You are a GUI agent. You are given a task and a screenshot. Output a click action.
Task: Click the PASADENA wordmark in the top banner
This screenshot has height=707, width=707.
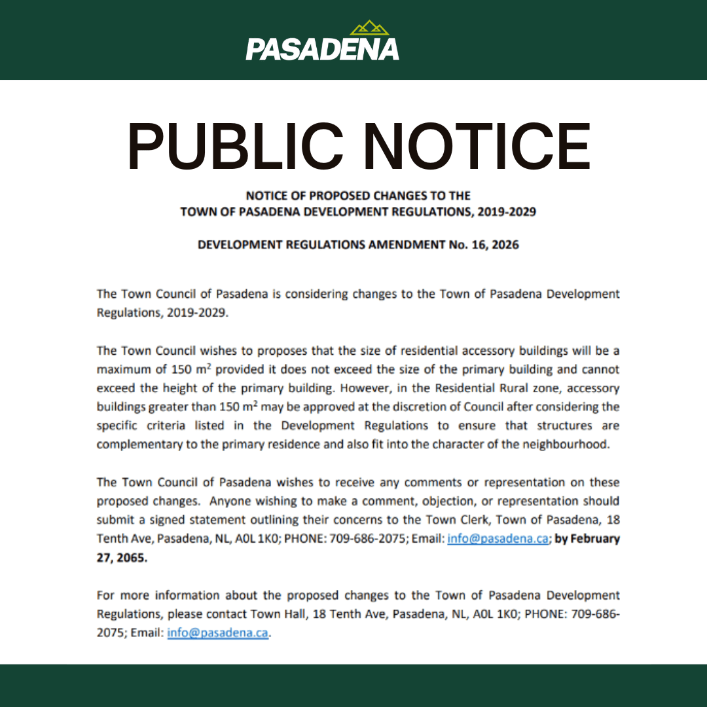click(322, 49)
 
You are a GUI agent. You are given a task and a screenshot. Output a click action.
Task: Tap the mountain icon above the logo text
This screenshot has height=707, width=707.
click(369, 28)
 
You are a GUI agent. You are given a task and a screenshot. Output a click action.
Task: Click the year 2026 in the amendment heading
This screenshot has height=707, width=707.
click(505, 245)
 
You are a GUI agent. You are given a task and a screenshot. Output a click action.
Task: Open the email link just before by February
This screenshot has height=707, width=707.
click(498, 539)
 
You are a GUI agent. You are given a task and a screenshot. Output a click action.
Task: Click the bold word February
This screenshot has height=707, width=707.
click(595, 539)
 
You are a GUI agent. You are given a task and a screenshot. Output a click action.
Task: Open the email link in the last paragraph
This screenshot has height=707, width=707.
click(217, 634)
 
